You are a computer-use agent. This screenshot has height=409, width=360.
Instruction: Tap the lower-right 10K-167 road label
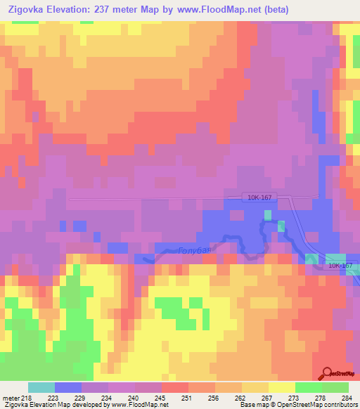click(339, 266)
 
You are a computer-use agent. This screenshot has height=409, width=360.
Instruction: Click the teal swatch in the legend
click(41, 387)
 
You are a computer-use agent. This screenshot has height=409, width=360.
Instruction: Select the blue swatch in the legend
click(68, 387)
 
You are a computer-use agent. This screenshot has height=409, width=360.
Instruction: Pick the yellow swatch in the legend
click(282, 387)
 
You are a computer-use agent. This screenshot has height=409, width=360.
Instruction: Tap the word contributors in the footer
click(340, 405)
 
